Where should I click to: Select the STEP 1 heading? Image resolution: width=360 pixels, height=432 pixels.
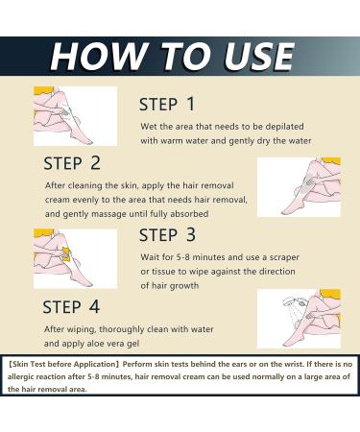tap(180, 105)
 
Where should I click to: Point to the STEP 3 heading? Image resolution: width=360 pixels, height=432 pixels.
tap(180, 234)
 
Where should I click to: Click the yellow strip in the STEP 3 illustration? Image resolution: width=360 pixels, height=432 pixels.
tap(67, 254)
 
